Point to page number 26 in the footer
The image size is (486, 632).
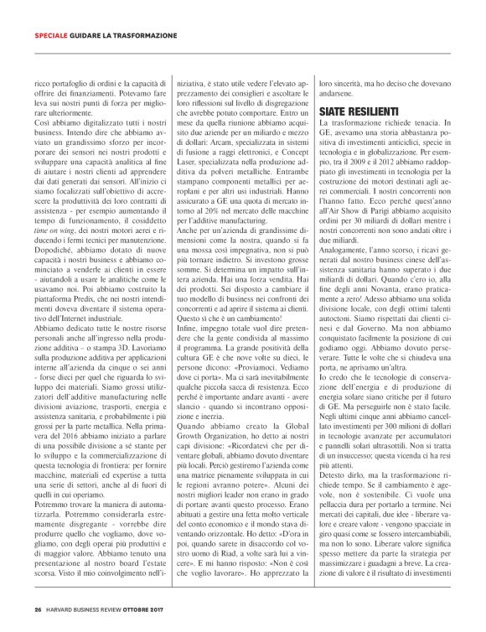coord(38,609)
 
